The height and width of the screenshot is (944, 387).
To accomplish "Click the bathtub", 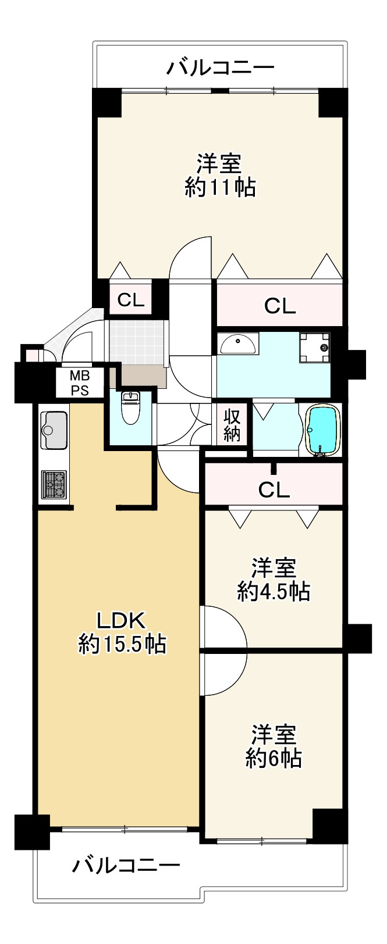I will [x=322, y=429].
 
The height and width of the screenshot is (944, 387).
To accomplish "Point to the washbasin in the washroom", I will [x=237, y=345].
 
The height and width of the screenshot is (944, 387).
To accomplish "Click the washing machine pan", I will [x=315, y=347].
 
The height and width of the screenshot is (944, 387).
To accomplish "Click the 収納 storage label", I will [x=232, y=424].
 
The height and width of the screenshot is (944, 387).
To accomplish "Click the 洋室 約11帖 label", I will [x=219, y=176].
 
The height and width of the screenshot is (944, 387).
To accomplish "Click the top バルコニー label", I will [x=220, y=68].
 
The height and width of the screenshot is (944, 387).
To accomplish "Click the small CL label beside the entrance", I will [x=131, y=300].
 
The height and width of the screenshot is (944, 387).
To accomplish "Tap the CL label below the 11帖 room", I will [x=280, y=306].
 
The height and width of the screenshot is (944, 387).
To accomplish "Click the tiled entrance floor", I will [x=137, y=342].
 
